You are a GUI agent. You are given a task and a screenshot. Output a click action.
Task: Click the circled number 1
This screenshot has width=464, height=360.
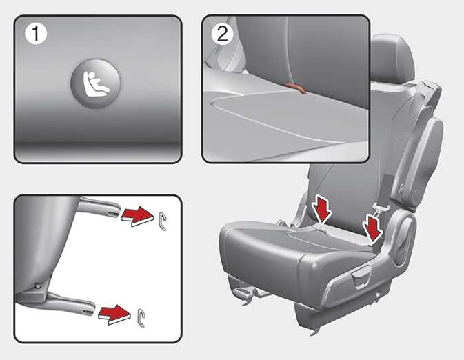tap(36, 34)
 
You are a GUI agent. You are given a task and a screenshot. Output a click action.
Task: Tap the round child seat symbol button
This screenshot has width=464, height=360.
tap(95, 83)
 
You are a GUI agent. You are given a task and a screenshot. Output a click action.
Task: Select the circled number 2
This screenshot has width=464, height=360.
tap(223, 34)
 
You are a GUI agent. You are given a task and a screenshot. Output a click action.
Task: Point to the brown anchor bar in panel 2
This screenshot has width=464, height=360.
tap(296, 88)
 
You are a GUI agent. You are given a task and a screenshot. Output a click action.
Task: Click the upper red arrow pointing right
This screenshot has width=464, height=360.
tap(138, 216)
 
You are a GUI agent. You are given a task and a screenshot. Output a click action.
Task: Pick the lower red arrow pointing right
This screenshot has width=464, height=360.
tap(115, 314)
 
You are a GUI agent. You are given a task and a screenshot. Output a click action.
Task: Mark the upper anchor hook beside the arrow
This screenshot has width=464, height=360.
tap(163, 221)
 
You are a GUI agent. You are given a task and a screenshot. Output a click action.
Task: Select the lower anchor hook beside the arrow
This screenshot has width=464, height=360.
tap(142, 318)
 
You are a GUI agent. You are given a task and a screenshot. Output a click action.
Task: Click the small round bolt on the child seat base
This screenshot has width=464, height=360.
tap(38, 286)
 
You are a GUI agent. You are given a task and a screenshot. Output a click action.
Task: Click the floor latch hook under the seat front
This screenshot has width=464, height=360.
tap(243, 295)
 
